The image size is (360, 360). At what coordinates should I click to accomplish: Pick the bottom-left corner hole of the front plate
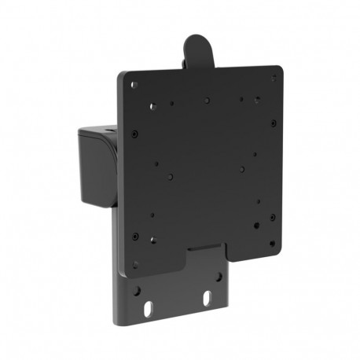tap(135, 264)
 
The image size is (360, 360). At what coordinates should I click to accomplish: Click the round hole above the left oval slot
tap(140, 290)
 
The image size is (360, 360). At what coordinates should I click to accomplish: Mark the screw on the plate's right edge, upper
tap(273, 123)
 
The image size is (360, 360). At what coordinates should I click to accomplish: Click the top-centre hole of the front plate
tap(205, 101)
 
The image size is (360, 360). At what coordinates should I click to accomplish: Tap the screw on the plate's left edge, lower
tap(135, 236)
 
